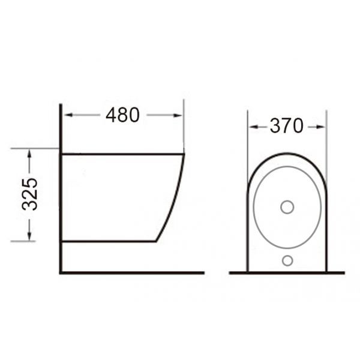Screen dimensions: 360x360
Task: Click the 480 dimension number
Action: (x=122, y=115)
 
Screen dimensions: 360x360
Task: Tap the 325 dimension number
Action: (x=29, y=194)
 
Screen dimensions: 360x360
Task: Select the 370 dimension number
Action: (x=286, y=126)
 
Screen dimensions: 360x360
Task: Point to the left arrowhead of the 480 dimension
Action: (x=67, y=115)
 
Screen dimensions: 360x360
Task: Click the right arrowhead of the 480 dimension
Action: (x=179, y=115)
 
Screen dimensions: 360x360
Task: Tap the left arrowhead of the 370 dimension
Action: (x=251, y=127)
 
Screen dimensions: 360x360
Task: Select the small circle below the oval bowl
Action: (x=287, y=260)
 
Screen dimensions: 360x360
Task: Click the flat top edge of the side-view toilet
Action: (x=120, y=154)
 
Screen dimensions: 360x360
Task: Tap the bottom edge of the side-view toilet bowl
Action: (x=108, y=241)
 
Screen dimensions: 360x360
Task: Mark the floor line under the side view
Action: (x=132, y=273)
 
